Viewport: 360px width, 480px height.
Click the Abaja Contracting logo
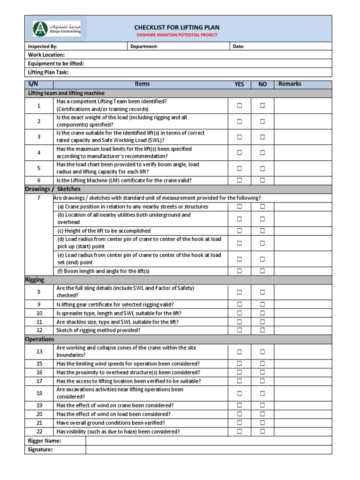pyautogui.click(x=57, y=29)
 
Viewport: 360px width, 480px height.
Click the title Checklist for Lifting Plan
pyautogui.click(x=177, y=28)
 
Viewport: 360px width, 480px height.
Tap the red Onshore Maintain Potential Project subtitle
pyautogui.click(x=177, y=35)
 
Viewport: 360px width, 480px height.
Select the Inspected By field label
pyautogui.click(x=43, y=46)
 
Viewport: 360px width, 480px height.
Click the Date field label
pyautogui.click(x=239, y=46)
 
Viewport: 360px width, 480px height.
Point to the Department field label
pyautogui.click(x=144, y=46)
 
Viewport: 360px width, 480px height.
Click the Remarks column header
pyautogui.click(x=290, y=84)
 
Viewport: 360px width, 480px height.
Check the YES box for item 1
pyautogui.click(x=240, y=105)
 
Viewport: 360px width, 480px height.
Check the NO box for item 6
pyautogui.click(x=262, y=180)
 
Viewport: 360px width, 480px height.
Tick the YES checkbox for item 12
pyautogui.click(x=240, y=330)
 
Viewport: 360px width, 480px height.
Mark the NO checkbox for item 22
pyautogui.click(x=262, y=431)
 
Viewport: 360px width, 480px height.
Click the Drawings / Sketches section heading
pyautogui.click(x=52, y=189)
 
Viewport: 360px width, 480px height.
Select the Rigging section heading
pyautogui.click(x=35, y=279)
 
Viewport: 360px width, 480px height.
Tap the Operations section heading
pyautogui.click(x=39, y=339)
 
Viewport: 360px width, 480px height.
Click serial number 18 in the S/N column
pyautogui.click(x=39, y=393)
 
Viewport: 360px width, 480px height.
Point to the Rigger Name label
pyautogui.click(x=45, y=441)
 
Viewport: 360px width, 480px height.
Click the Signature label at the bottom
pyautogui.click(x=40, y=450)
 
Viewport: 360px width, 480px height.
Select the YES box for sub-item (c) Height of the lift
pyautogui.click(x=240, y=231)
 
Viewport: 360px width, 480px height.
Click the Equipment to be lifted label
pyautogui.click(x=56, y=63)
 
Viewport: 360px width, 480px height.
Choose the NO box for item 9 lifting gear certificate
pyautogui.click(x=262, y=304)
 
